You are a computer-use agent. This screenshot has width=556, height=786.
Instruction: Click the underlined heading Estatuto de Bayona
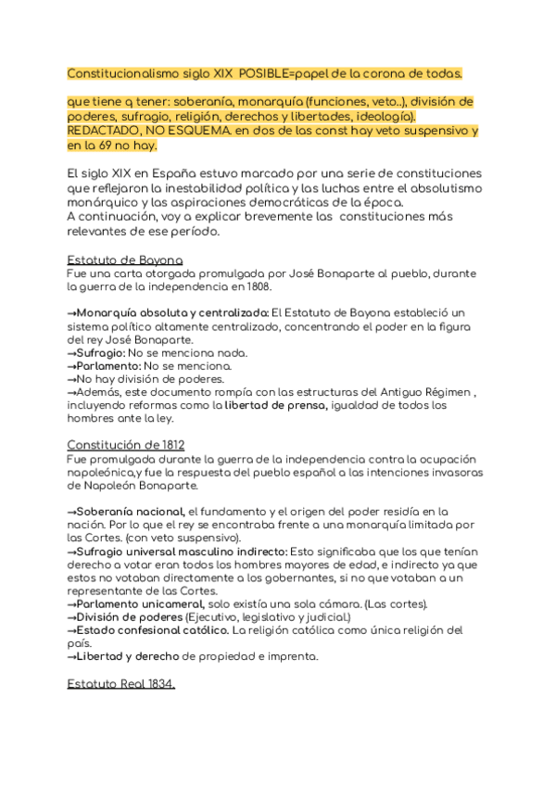(125, 260)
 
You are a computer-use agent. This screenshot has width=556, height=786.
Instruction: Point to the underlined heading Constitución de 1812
(125, 445)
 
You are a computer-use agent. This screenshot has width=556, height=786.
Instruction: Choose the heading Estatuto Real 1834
(120, 684)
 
